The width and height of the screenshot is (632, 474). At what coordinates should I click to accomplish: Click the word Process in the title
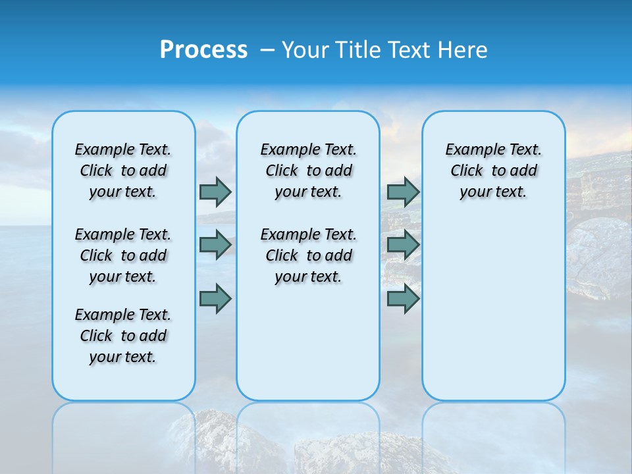tap(203, 50)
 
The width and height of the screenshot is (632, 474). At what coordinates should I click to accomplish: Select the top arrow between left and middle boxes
tap(215, 192)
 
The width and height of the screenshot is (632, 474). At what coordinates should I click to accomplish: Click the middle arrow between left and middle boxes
tap(215, 245)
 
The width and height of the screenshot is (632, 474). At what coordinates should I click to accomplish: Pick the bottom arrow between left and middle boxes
tap(215, 299)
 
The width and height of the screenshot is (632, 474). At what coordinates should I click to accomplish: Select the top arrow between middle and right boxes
tap(403, 192)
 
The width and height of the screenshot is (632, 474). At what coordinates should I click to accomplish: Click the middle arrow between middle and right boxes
tap(403, 245)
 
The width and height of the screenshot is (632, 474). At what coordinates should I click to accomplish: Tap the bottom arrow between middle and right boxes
tap(403, 299)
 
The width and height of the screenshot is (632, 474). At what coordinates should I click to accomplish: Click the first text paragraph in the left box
tap(123, 171)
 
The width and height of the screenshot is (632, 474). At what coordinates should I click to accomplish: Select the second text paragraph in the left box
tap(123, 255)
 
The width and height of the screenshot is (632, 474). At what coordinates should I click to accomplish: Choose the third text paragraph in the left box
tap(123, 336)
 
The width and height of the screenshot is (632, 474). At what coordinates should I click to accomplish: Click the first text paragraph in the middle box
tap(308, 171)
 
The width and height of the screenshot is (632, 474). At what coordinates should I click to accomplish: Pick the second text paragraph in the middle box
tap(308, 255)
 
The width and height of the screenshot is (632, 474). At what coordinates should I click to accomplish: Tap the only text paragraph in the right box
tap(494, 171)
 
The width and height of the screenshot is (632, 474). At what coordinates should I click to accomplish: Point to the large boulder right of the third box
tap(599, 257)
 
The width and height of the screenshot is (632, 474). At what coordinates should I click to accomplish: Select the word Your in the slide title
tap(305, 50)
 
